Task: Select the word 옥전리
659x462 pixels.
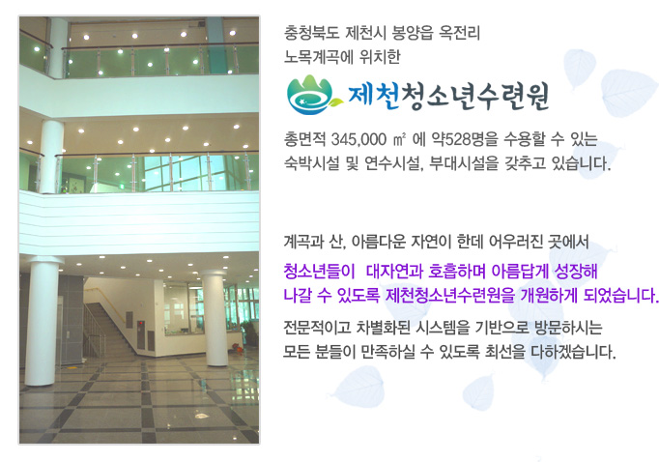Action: [x=459, y=32]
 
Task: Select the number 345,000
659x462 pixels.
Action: [x=358, y=139]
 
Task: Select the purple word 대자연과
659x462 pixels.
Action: [x=394, y=272]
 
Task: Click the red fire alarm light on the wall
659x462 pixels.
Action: [x=140, y=324]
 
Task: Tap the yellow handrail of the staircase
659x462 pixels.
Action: [x=104, y=302]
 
